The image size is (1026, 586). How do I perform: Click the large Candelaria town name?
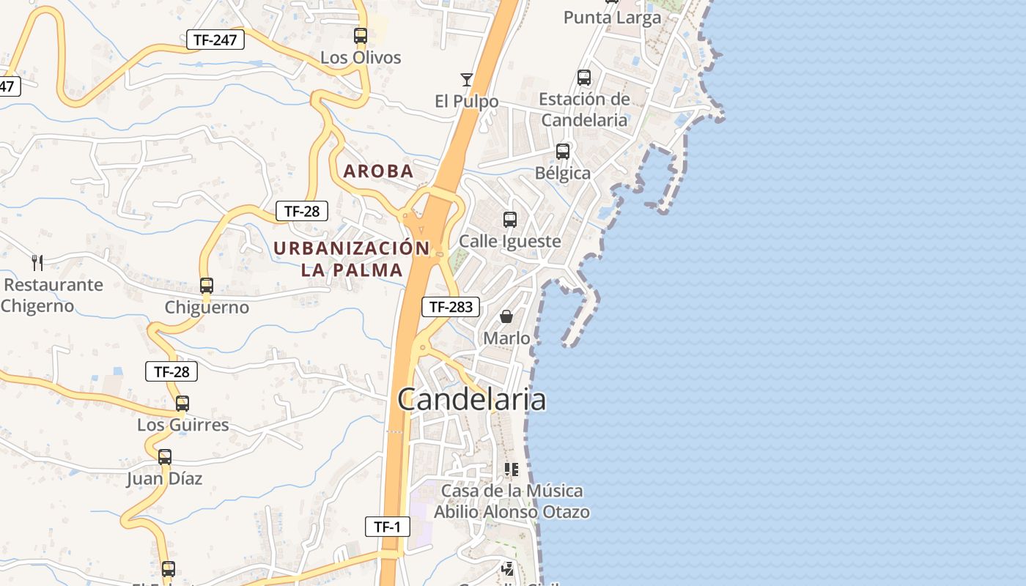[471, 400]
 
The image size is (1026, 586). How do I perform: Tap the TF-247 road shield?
[215, 40]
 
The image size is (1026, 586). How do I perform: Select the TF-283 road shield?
[451, 307]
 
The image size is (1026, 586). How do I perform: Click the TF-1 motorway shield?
[387, 526]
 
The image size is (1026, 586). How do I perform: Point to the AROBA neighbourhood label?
[379, 171]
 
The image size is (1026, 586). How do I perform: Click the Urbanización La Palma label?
[352, 259]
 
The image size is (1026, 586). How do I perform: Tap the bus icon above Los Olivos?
[360, 35]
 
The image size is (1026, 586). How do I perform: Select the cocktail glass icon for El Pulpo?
[466, 79]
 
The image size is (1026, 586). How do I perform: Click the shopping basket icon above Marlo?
[506, 316]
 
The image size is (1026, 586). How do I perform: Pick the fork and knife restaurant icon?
[37, 262]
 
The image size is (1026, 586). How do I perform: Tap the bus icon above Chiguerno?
[207, 286]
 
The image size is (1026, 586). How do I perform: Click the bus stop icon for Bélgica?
[563, 152]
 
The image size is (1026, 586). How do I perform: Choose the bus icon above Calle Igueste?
[509, 219]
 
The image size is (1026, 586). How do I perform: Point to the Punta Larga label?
[612, 18]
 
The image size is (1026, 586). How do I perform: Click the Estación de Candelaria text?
[584, 109]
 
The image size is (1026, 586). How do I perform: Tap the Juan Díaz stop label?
[164, 478]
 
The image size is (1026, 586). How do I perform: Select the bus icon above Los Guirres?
[182, 403]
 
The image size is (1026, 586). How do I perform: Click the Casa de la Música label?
[512, 500]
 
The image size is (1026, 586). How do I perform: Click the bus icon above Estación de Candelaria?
[584, 77]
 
